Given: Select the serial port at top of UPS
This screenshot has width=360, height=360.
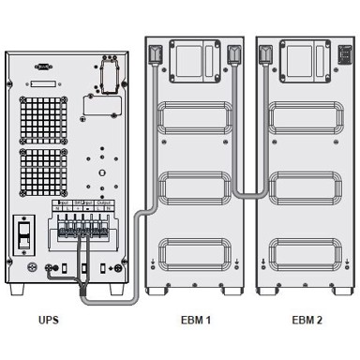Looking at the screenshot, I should tap(42, 66).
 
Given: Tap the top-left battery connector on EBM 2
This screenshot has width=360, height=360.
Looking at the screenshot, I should tap(265, 54).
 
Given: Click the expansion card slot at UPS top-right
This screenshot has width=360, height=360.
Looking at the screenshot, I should tap(111, 74).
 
